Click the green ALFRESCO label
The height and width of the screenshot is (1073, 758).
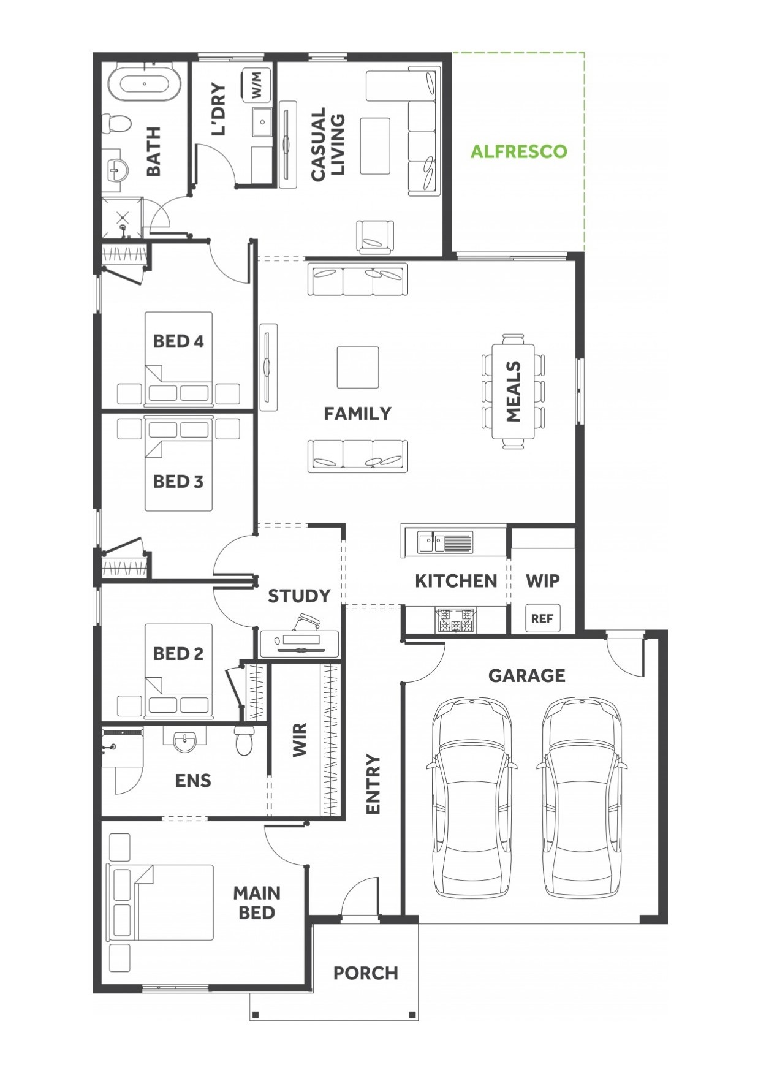coord(518,151)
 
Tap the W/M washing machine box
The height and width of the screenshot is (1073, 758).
coord(257,85)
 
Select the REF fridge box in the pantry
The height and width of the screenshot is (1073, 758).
coord(542,618)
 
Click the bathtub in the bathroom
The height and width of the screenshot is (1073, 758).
coord(145,83)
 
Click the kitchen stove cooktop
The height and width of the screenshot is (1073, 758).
coord(455,620)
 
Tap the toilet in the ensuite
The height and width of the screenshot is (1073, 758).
coord(244,740)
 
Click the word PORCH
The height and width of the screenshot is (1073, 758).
coord(366,973)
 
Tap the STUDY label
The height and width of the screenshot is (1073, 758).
coord(299,596)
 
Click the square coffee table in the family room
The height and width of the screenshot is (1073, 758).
coord(358,367)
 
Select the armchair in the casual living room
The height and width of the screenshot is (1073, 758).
coord(374,237)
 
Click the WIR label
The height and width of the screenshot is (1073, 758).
coord(299,740)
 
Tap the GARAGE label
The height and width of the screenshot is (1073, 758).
coord(527,675)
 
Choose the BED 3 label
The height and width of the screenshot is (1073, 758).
coord(178,482)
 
